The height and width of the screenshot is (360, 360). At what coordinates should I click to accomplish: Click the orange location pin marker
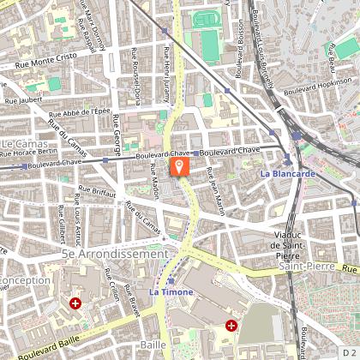coord(180,166)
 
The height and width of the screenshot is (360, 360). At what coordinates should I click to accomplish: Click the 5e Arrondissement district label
coord(115,255)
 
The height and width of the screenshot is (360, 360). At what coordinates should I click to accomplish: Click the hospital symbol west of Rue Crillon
coord(76,303)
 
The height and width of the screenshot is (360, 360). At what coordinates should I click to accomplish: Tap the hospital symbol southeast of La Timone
coord(231,325)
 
